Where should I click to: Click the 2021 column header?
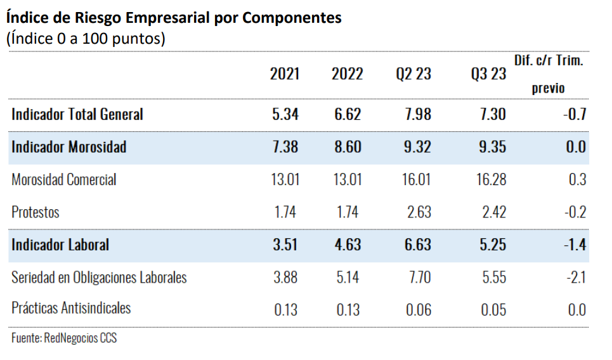click(x=285, y=74)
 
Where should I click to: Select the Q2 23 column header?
click(x=413, y=74)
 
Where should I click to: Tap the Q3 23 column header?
click(x=488, y=74)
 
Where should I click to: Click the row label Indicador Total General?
click(x=77, y=115)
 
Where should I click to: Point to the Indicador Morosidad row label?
click(x=69, y=147)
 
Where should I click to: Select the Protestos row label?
click(x=36, y=212)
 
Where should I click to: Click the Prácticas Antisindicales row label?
click(x=71, y=309)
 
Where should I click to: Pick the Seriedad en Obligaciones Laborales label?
click(x=99, y=277)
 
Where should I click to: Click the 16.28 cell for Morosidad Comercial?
click(x=491, y=179)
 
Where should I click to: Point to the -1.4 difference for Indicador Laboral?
click(x=575, y=244)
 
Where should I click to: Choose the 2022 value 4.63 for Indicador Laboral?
click(x=346, y=244)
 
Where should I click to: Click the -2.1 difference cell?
click(x=575, y=277)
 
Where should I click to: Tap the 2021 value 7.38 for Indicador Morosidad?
click(x=285, y=147)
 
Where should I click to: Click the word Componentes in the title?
click(x=292, y=18)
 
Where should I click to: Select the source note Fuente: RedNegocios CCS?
click(x=64, y=338)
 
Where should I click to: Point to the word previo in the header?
click(x=548, y=89)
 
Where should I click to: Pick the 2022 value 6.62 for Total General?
click(x=346, y=115)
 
